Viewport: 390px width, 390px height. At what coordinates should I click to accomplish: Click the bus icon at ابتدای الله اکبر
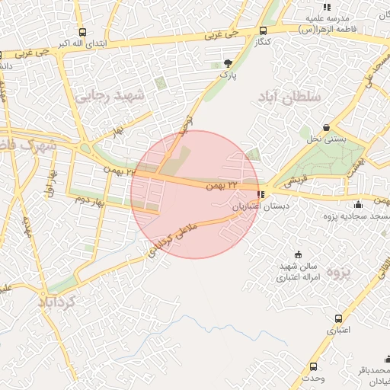pyautogui.click(x=82, y=32)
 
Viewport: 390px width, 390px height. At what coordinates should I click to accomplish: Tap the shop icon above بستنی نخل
pyautogui.click(x=327, y=128)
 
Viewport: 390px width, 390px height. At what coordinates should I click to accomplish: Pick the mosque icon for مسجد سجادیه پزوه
pyautogui.click(x=358, y=204)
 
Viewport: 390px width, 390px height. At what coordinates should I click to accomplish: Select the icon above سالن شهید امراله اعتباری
pyautogui.click(x=298, y=254)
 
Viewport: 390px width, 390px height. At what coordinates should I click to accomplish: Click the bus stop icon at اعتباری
pyautogui.click(x=337, y=319)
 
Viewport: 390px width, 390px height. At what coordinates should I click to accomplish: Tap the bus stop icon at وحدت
pyautogui.click(x=314, y=366)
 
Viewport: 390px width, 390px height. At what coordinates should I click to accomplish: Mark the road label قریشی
pyautogui.click(x=293, y=181)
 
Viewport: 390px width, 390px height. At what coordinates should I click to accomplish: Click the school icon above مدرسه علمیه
pyautogui.click(x=327, y=6)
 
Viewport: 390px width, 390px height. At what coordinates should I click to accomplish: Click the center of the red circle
pyautogui.click(x=195, y=194)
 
